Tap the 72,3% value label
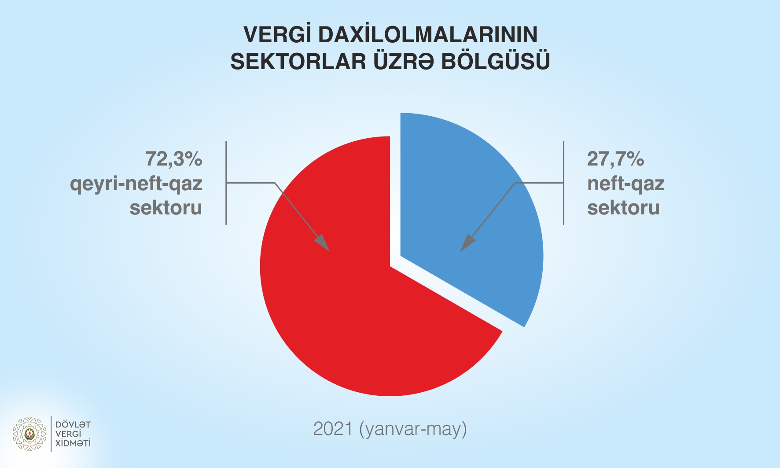[x=174, y=159]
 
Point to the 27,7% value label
[x=615, y=159]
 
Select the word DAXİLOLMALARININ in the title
[x=428, y=34]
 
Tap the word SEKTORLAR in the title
[x=298, y=61]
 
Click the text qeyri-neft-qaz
[x=136, y=184]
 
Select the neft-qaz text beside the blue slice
[x=626, y=184]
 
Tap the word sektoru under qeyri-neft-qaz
[x=166, y=207]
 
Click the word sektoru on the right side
[x=623, y=207]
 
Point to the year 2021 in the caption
[x=333, y=428]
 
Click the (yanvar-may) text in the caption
[x=413, y=429]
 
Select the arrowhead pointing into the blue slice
[x=467, y=243]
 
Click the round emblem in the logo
[x=29, y=434]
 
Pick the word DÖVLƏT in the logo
[x=73, y=424]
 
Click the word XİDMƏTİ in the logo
[x=73, y=443]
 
